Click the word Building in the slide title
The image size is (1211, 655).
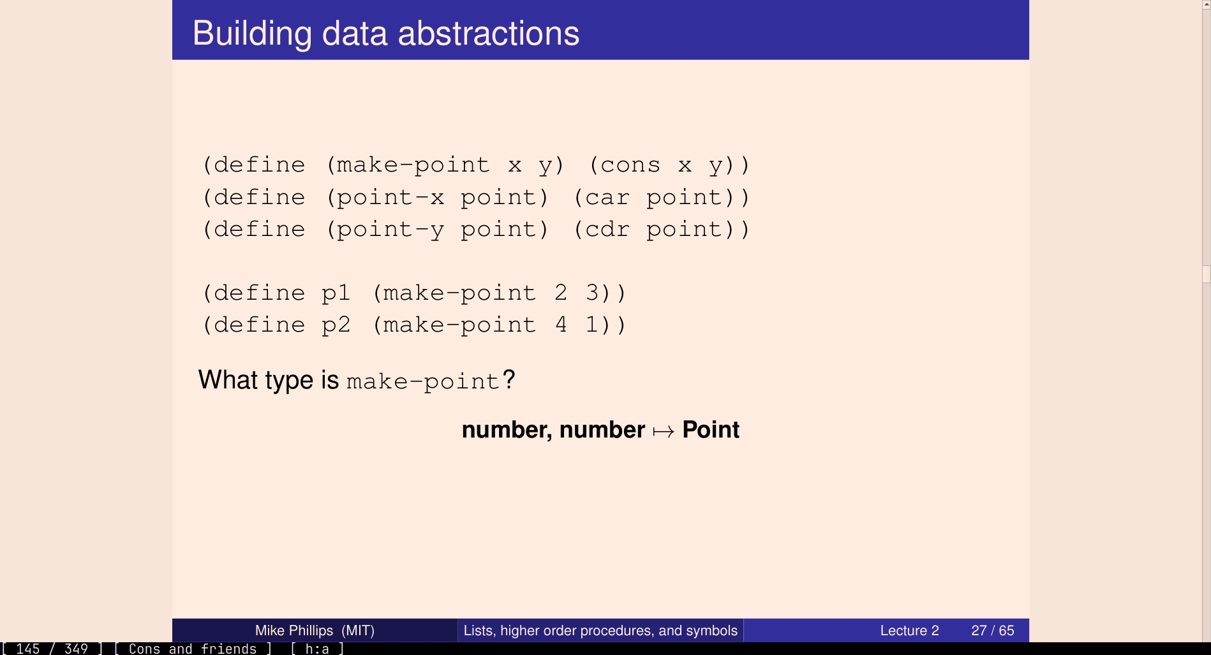[252, 34]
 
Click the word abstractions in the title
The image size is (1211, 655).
[489, 34]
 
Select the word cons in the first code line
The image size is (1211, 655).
[630, 165]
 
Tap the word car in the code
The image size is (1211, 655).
[607, 198]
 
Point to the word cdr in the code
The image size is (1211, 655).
[607, 229]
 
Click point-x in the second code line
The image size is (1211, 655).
[390, 198]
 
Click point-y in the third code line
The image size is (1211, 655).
[390, 230]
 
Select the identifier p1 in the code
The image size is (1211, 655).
[336, 293]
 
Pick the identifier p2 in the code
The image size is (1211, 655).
[336, 325]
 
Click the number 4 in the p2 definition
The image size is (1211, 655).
[561, 325]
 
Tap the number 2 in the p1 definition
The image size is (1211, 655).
[561, 293]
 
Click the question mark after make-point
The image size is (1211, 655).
[509, 379]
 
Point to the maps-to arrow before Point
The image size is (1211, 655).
[664, 432]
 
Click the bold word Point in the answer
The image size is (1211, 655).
[711, 430]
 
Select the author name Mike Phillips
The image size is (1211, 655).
[294, 631]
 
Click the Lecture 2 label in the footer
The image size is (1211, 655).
[909, 631]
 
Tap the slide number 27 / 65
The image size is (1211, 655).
[992, 631]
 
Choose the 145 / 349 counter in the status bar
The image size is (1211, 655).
[52, 649]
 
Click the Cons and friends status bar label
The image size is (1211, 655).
[193, 649]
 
